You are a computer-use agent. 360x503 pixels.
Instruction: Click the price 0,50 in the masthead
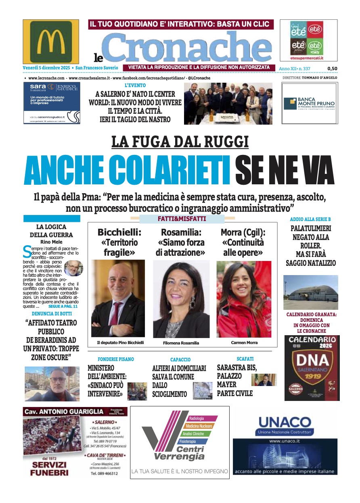pos(332,69)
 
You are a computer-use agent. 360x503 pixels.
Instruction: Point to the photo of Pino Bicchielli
pos(118,298)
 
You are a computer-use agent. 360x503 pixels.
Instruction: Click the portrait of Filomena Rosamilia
pos(181,299)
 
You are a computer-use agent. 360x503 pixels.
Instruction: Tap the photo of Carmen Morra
pos(244,299)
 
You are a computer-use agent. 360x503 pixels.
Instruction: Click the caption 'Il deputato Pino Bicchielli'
pos(120,342)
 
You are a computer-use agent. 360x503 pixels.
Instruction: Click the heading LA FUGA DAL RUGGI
pos(180,142)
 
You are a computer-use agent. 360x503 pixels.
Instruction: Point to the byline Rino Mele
pos(51,242)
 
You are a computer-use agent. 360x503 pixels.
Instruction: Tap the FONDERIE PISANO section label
pos(116,359)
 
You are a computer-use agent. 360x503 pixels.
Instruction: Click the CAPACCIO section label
pos(180,359)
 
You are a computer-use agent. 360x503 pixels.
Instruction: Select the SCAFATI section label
pos(245,359)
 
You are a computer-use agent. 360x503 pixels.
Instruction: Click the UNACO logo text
pos(285,422)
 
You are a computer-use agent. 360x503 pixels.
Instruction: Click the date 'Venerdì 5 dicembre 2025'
pos(45,68)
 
